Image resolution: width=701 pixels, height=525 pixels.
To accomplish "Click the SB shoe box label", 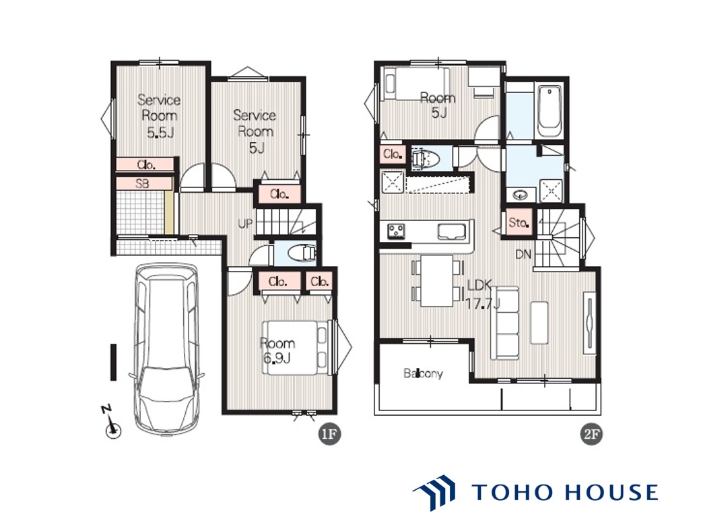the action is [142, 183].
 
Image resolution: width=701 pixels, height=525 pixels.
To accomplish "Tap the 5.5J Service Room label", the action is [159, 116].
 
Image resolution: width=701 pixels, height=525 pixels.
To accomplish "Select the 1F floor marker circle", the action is [329, 434].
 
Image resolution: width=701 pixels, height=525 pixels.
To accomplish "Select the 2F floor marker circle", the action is [591, 434].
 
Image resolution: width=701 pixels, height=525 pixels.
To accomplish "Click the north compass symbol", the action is [112, 423].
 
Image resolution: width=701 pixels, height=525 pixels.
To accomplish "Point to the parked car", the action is [166, 348].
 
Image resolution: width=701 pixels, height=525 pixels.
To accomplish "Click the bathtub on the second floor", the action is [549, 111].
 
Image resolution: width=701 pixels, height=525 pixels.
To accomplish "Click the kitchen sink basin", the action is [452, 231].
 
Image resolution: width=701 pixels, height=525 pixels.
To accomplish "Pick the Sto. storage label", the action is [519, 222].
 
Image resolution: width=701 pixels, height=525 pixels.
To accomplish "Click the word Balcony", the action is [423, 373].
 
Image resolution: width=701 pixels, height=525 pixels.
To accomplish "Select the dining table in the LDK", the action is [437, 280].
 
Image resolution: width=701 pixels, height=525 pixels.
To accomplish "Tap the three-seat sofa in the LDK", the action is [505, 323].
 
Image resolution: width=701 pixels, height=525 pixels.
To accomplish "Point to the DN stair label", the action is [523, 255].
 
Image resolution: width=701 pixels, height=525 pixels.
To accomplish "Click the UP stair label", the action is [245, 223].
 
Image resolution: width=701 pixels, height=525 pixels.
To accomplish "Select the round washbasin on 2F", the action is [521, 195].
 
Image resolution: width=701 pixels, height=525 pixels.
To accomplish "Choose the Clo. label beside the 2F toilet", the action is [393, 154].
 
